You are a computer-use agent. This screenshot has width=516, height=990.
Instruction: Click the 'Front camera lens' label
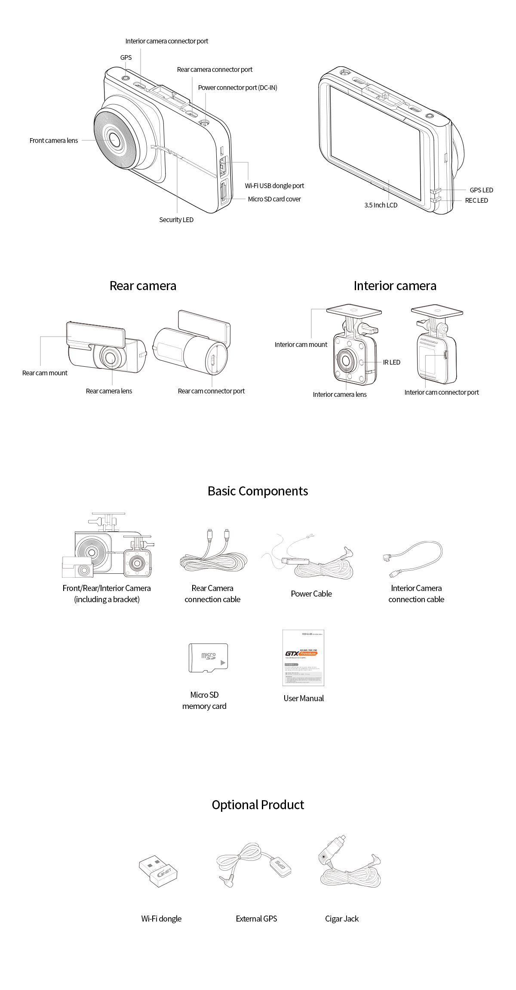click(54, 141)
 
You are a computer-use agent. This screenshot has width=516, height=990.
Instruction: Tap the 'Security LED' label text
click(176, 220)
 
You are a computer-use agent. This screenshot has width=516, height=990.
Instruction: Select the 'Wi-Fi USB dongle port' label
click(274, 186)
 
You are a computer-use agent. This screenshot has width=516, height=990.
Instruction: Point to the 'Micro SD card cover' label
click(274, 199)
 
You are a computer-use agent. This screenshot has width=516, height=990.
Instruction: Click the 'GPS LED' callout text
click(481, 190)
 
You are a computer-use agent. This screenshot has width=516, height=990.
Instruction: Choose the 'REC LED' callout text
click(476, 201)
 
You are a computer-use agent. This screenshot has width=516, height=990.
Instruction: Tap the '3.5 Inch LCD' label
click(381, 205)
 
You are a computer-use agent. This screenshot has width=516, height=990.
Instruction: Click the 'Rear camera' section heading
click(143, 286)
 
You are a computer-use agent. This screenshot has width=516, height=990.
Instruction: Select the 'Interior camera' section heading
click(395, 286)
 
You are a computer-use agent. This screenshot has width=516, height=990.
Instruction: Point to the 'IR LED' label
click(391, 362)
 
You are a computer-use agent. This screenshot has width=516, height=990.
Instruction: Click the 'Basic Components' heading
click(258, 491)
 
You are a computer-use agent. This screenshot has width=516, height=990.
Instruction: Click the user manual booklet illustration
click(303, 658)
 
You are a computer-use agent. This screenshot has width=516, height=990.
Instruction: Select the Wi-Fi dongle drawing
click(158, 871)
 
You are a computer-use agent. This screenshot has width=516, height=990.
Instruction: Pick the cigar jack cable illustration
click(348, 865)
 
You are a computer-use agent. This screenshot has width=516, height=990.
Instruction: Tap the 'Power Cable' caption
click(311, 594)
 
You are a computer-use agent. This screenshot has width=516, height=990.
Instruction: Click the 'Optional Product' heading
click(258, 805)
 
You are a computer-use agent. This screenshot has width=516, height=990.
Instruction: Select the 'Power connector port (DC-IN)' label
click(237, 88)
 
